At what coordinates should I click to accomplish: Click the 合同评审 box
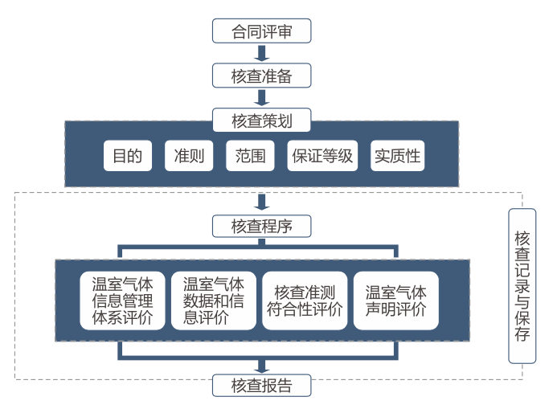tap(261, 31)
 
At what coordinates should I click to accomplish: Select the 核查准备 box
tap(261, 76)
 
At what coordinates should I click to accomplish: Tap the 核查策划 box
tap(261, 121)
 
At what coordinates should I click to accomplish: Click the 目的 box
tap(128, 156)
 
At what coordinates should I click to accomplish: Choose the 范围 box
tap(250, 156)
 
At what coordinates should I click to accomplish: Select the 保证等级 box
tap(322, 156)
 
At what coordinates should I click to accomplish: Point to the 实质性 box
tap(397, 156)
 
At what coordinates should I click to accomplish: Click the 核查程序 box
tap(261, 227)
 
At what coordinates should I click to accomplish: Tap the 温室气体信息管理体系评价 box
tap(122, 300)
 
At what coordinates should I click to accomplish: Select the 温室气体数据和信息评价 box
tap(214, 300)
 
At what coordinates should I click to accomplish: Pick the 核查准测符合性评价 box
tap(305, 300)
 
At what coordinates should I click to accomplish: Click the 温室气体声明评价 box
tap(396, 300)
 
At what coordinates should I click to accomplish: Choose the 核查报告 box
tap(261, 385)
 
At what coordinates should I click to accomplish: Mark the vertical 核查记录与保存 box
tap(522, 285)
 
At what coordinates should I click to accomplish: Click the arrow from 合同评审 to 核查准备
tap(261, 54)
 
